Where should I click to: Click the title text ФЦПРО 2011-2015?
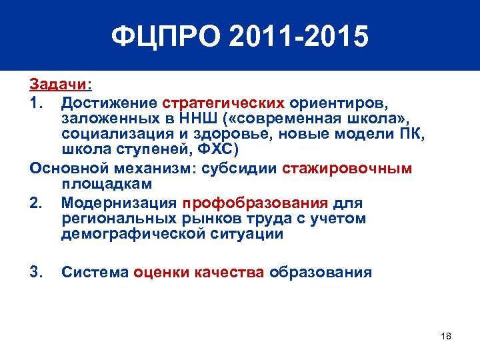pyautogui.click(x=239, y=37)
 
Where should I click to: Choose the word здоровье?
pyautogui.click(x=231, y=135)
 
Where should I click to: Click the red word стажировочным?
pyautogui.click(x=347, y=168)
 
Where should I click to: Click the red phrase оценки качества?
pyautogui.click(x=199, y=273)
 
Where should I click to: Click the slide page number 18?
pyautogui.click(x=446, y=336)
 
